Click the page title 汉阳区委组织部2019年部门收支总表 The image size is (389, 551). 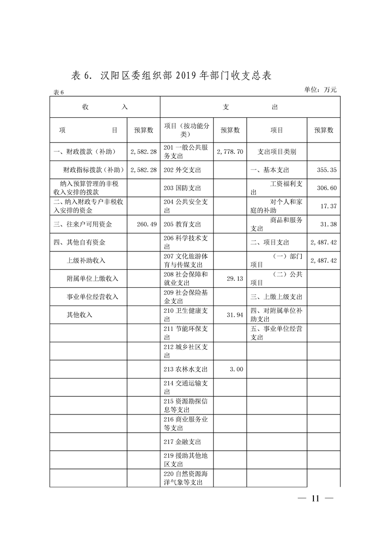[172, 76]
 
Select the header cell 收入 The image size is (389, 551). [105, 107]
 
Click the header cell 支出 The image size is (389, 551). [250, 107]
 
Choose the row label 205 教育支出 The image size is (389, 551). [182, 224]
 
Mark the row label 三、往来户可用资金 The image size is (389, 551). [83, 224]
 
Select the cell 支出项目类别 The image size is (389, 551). [277, 152]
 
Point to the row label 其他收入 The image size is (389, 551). [79, 315]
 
